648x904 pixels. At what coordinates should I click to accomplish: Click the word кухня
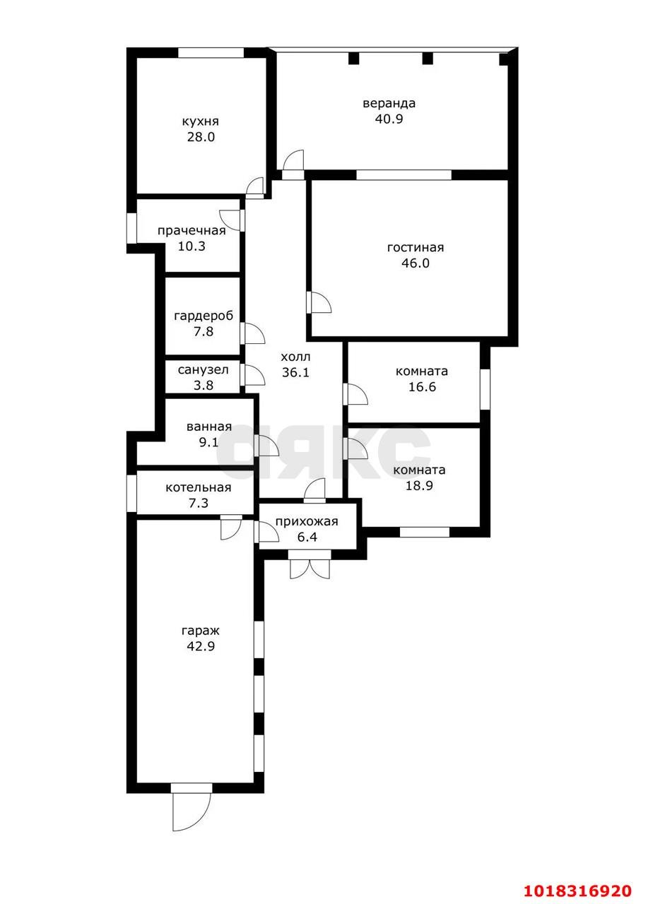coord(200,121)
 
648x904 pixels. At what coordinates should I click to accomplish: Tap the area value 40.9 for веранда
coord(389,119)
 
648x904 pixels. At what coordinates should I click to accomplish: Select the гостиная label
coord(415,247)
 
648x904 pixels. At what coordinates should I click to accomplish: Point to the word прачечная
coord(192,231)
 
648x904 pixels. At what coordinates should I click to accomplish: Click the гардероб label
coord(204,316)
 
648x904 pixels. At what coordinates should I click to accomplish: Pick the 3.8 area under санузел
coord(203,385)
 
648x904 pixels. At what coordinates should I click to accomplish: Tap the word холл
coord(295,357)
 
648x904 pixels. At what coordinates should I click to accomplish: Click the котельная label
coord(199,487)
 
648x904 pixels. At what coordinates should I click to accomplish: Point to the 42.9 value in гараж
coord(201,646)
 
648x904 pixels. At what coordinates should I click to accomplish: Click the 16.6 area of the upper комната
coord(422,386)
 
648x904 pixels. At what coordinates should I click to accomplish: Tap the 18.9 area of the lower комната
coord(419,485)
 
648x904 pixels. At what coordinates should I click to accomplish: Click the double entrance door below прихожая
coord(310,565)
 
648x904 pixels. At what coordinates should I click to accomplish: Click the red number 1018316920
coord(577,888)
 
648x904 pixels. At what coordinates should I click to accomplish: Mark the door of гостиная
coord(319,302)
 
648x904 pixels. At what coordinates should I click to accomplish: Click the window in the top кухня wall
coord(211,53)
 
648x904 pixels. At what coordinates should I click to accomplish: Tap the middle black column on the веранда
coord(427,59)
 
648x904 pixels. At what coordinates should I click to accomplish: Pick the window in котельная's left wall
coord(131,494)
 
